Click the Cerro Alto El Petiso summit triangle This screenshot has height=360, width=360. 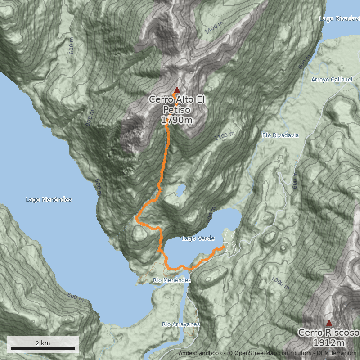(177, 90)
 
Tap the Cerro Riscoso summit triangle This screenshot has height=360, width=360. (329, 323)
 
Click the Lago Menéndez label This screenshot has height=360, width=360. (49, 199)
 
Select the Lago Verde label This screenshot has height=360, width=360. (198, 238)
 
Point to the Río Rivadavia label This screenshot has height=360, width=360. (280, 135)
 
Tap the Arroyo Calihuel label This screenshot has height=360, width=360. (332, 80)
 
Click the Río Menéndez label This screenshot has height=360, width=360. (172, 280)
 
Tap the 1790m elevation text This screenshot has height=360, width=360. (177, 120)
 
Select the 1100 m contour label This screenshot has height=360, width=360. (225, 135)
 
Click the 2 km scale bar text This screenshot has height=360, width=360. (43, 343)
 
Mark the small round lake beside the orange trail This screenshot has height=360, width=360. (180, 191)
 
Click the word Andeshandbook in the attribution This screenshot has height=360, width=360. (200, 353)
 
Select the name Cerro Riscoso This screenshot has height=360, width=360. (328, 333)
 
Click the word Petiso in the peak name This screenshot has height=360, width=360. (177, 110)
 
